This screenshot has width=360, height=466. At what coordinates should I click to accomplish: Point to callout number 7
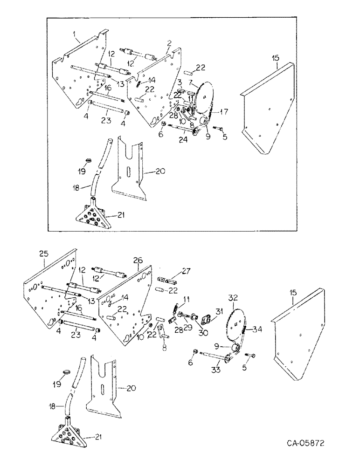pyautogui.click(x=190, y=82)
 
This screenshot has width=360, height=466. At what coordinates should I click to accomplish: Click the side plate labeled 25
pyautogui.click(x=47, y=298)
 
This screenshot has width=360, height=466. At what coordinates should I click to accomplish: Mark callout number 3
pyautogui.click(x=179, y=83)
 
